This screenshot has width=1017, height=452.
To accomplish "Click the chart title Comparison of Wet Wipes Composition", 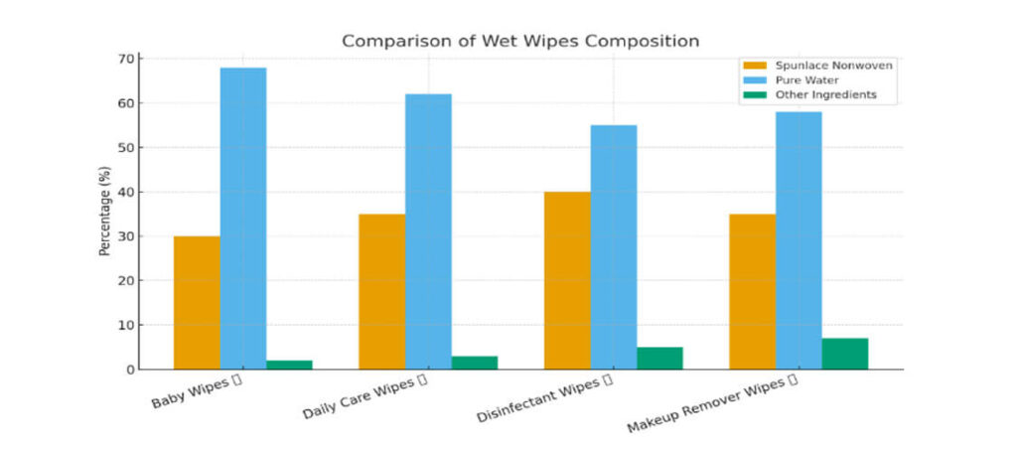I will [x=520, y=41].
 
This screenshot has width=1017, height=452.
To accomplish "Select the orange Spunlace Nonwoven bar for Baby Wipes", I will [x=197, y=303].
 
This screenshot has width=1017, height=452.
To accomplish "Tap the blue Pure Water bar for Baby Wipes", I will [x=243, y=219].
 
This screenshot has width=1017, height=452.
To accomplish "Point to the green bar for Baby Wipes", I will [x=289, y=365].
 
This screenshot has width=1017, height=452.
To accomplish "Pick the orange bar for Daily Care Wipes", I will [x=381, y=292].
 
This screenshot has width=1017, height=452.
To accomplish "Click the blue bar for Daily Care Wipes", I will [x=428, y=231].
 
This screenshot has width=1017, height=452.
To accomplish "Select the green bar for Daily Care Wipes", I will [x=474, y=363].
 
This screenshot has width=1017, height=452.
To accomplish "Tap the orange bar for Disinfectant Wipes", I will [x=567, y=280].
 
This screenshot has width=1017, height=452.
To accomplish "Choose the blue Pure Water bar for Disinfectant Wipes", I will [x=614, y=247].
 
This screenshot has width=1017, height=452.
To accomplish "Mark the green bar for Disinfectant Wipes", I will [x=659, y=358].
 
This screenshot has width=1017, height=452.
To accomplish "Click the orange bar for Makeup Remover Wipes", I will [x=752, y=292].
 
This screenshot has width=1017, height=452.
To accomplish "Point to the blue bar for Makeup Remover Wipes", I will [x=799, y=240].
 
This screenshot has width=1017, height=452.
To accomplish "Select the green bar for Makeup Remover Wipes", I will [x=844, y=354].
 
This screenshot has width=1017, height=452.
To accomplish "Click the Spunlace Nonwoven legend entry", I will [x=810, y=66].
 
